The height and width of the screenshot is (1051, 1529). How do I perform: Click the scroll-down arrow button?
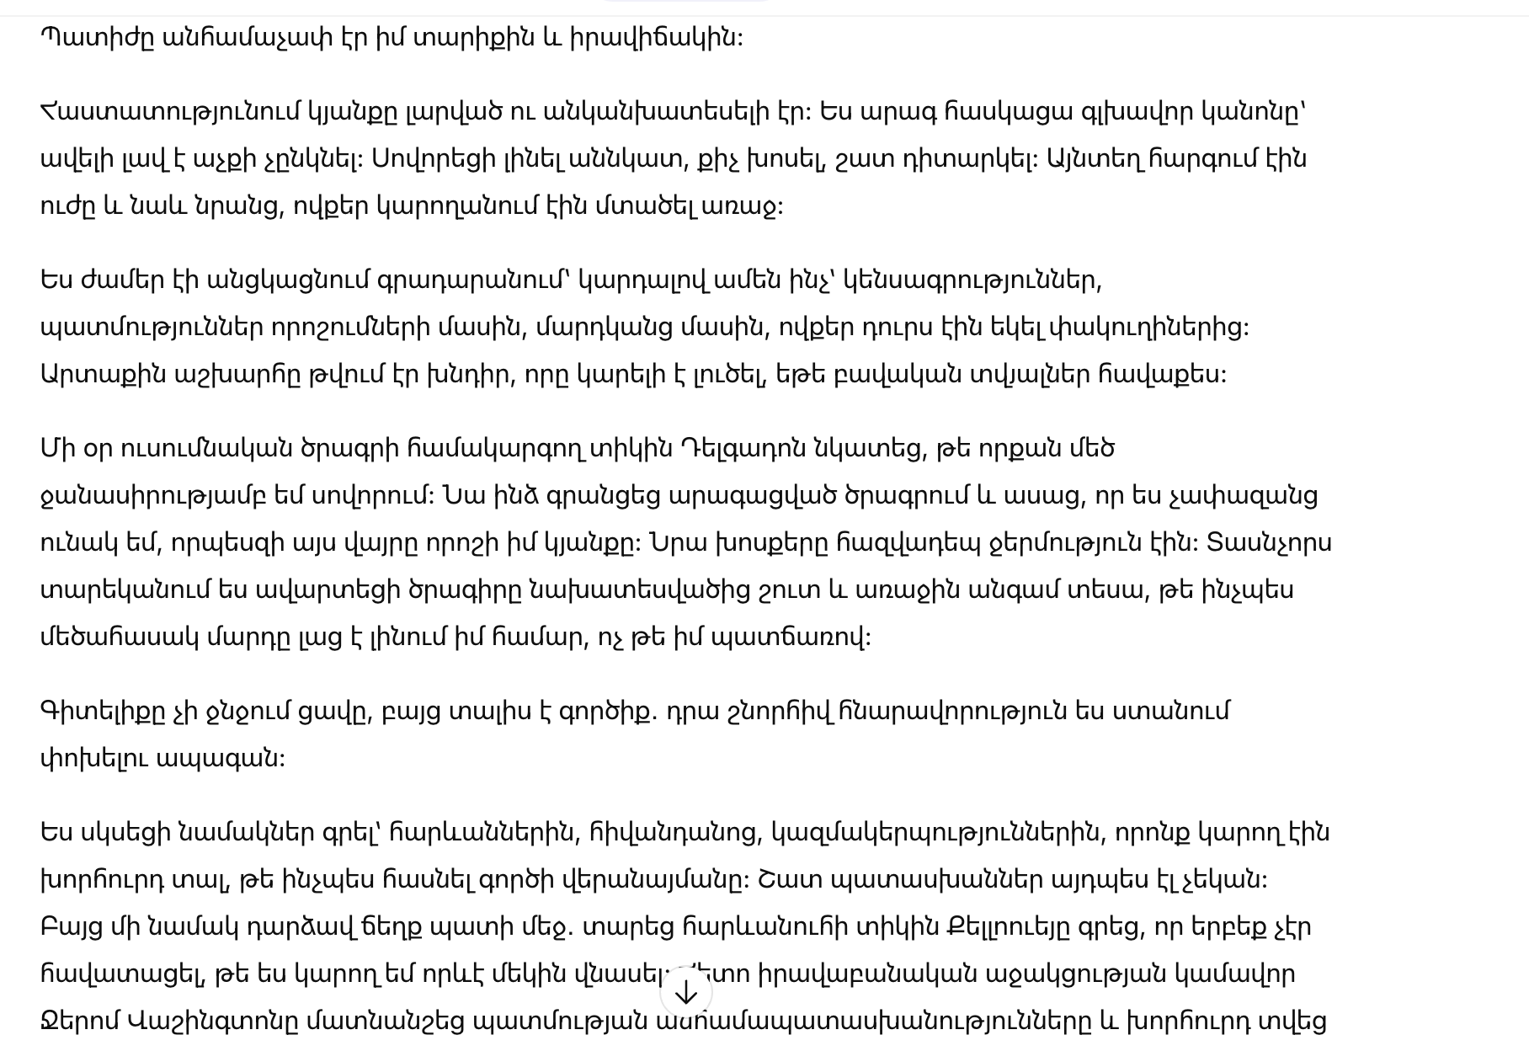[686, 993]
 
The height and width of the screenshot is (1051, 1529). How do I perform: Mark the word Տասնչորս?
[1269, 543]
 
